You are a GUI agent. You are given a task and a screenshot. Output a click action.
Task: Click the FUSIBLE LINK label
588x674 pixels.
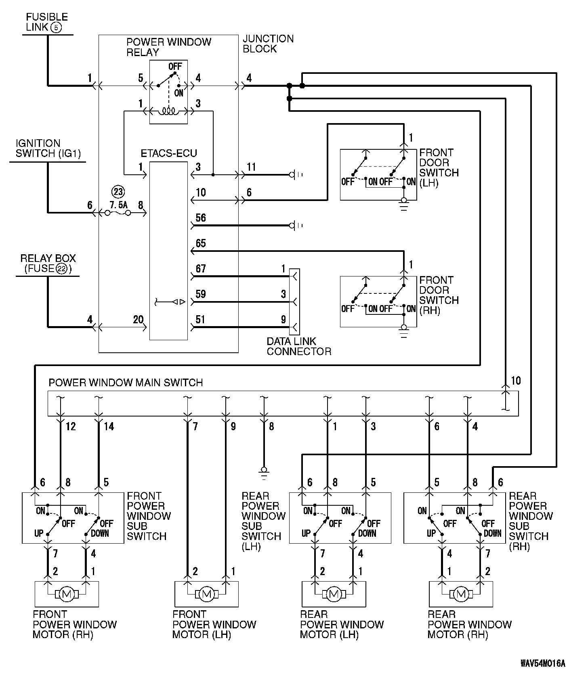click(x=47, y=22)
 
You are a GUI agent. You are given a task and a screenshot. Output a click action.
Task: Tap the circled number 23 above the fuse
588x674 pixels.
click(x=118, y=192)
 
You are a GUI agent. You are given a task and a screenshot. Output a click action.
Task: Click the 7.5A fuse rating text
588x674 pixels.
click(x=118, y=205)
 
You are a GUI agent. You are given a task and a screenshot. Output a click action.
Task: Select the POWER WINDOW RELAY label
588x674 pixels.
click(x=169, y=47)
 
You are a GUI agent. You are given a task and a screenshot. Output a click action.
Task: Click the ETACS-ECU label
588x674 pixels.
click(x=169, y=154)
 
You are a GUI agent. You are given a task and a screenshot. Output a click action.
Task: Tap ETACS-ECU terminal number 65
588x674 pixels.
click(x=201, y=243)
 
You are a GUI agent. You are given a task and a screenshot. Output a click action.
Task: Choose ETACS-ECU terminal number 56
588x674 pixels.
click(x=201, y=218)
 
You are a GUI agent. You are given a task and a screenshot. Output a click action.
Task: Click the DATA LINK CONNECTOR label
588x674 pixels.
click(x=299, y=346)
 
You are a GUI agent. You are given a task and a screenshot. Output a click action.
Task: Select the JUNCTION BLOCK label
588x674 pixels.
click(x=268, y=44)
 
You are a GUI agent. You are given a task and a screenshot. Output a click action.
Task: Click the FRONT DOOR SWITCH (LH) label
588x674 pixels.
click(x=439, y=168)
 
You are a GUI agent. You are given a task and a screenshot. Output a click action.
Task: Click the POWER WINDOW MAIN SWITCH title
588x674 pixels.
click(x=126, y=383)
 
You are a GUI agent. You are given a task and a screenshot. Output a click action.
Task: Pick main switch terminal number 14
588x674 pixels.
click(x=109, y=426)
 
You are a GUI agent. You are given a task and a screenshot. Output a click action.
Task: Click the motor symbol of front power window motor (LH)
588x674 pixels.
click(x=207, y=594)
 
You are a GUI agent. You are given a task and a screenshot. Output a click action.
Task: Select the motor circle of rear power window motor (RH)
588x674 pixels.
click(x=461, y=594)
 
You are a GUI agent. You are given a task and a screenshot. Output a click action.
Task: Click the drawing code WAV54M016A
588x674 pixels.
click(x=542, y=664)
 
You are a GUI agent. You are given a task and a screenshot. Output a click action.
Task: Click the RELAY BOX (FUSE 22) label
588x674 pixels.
click(x=48, y=264)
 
